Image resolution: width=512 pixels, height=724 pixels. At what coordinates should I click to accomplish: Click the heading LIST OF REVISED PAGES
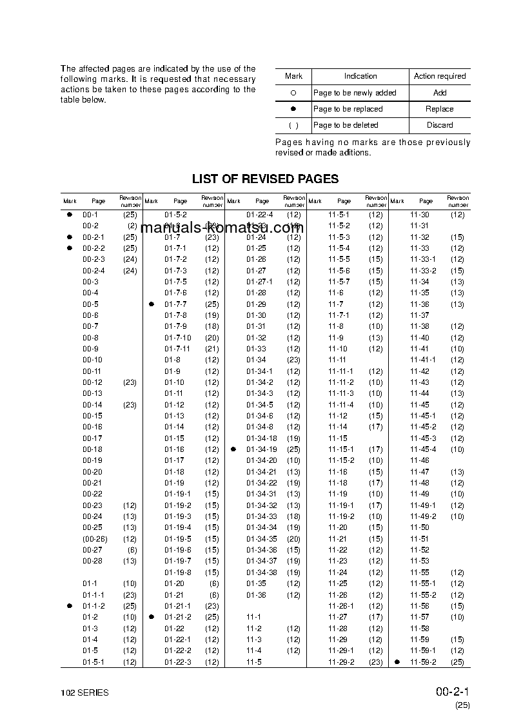click(265, 179)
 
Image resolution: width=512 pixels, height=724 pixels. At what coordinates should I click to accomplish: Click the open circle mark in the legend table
click(293, 93)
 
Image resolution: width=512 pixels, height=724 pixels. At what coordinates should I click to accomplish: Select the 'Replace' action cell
click(439, 109)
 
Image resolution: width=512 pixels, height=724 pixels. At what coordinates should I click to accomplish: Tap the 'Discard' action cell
click(439, 125)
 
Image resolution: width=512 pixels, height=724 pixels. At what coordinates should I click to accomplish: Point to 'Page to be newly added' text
click(355, 93)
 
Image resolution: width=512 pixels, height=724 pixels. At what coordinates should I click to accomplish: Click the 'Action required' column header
click(439, 76)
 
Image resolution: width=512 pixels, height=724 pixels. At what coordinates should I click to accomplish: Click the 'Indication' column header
click(360, 76)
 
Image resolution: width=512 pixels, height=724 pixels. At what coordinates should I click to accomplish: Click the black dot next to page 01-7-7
click(151, 304)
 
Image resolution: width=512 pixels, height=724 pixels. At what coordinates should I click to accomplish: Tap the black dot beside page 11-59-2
click(397, 662)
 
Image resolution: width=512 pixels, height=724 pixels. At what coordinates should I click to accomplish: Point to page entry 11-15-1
click(341, 449)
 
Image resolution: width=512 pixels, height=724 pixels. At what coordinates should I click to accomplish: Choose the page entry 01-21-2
click(177, 617)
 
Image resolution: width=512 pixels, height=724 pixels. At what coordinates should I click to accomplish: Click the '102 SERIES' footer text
click(84, 693)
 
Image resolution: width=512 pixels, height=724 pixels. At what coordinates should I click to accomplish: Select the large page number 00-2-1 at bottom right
click(452, 692)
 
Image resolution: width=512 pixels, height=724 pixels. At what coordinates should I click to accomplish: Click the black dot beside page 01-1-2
click(69, 606)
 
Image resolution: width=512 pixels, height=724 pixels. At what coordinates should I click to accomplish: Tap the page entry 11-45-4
click(423, 449)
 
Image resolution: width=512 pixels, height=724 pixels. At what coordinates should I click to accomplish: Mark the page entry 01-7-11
click(177, 349)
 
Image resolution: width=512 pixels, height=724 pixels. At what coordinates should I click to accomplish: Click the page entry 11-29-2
click(341, 662)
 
